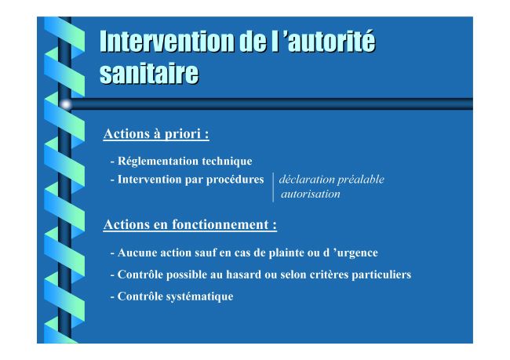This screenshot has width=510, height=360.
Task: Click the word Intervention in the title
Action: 167,41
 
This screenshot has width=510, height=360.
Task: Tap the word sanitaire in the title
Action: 149,73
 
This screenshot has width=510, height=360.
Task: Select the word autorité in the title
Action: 332,41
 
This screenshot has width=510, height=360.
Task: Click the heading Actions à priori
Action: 156,134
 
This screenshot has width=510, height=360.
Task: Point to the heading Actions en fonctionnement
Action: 190,225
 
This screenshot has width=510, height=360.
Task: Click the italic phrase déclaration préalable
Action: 331,180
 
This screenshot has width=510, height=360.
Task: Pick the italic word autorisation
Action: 311,195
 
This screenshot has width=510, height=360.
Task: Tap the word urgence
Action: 358,253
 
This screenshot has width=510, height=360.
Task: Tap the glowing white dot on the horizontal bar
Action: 66,104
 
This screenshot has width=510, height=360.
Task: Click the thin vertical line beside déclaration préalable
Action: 273,187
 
